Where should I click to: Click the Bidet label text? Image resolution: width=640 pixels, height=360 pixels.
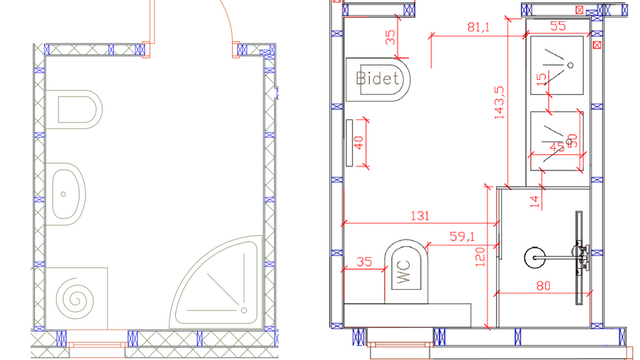377,78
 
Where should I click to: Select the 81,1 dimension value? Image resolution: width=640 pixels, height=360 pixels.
478,27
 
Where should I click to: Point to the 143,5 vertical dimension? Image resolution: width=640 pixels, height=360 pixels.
499,102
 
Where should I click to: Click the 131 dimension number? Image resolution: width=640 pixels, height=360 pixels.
420,216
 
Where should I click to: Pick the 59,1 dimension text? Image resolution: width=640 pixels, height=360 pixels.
462,236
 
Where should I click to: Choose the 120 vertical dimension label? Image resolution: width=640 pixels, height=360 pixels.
480,257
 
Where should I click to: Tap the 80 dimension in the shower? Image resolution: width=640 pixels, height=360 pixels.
543,285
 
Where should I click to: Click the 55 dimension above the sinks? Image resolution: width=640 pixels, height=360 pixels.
557,26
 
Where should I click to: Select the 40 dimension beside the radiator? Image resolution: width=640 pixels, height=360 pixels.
358,143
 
